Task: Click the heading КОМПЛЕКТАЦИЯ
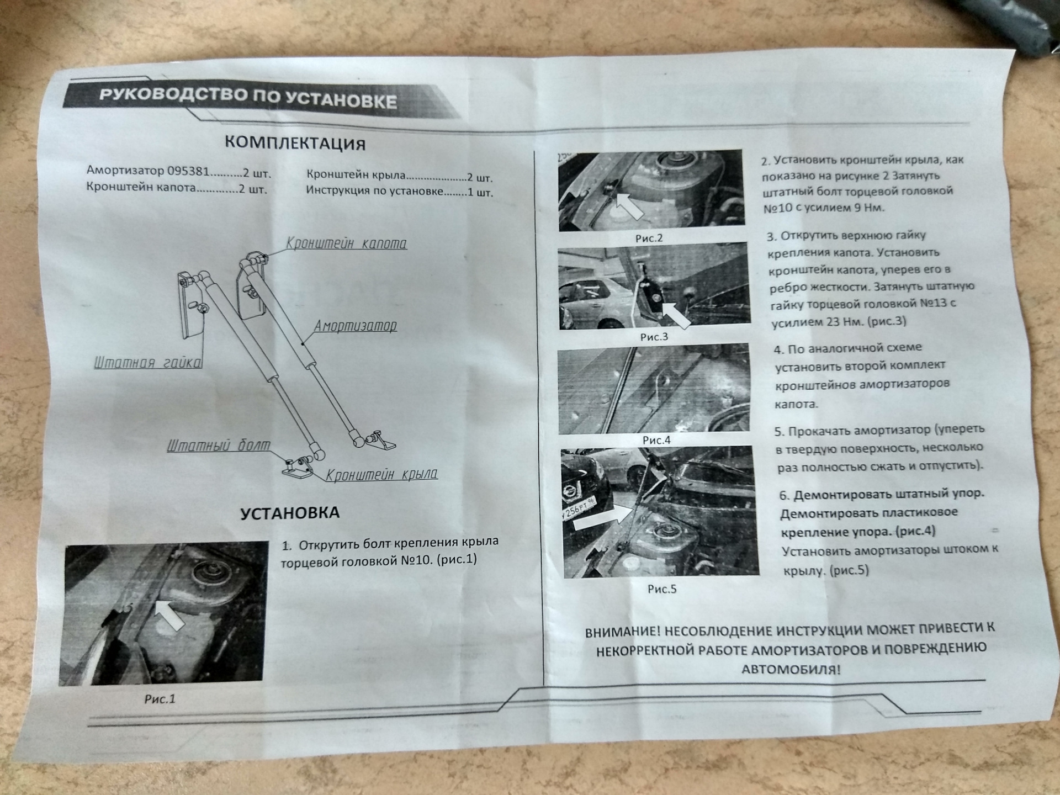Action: click(x=295, y=142)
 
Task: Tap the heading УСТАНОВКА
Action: click(x=290, y=513)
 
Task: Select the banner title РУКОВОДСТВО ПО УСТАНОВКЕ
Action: click(x=248, y=98)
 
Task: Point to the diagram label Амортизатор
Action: click(x=355, y=326)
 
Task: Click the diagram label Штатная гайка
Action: click(x=148, y=362)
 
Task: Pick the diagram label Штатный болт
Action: click(x=219, y=445)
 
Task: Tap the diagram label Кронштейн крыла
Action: click(x=381, y=474)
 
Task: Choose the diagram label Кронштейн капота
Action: click(x=346, y=243)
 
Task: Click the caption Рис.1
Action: click(x=160, y=699)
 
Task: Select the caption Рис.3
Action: click(x=654, y=337)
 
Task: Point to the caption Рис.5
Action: click(x=661, y=589)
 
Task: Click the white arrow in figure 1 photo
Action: click(x=169, y=615)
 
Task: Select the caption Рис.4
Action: click(x=656, y=440)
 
